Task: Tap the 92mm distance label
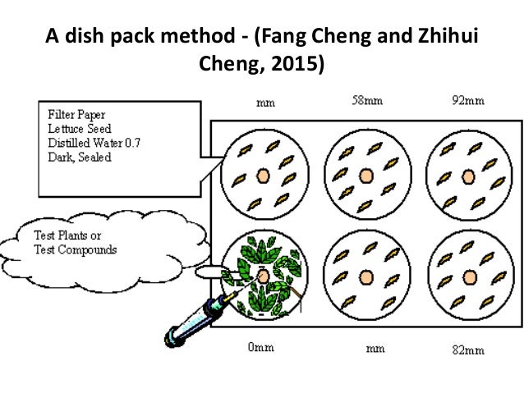point(468,102)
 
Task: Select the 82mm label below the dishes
point(468,350)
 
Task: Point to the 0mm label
point(261,348)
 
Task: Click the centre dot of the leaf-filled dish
point(264,276)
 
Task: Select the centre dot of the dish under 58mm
point(365,174)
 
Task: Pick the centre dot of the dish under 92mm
point(469,175)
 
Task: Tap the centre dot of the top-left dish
point(263,175)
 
